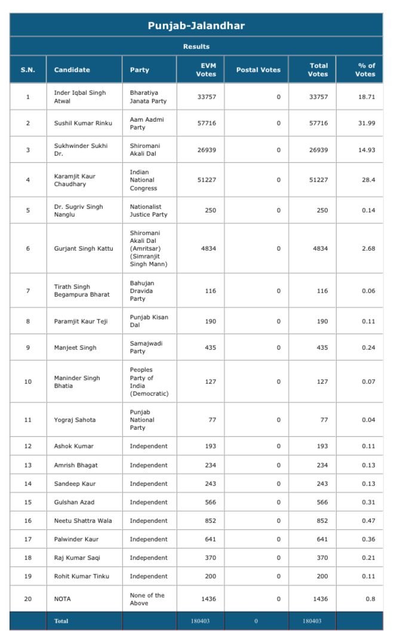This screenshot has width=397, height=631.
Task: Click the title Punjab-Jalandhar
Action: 196,26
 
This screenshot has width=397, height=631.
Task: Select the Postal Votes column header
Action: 258,70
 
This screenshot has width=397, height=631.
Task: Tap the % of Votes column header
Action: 366,70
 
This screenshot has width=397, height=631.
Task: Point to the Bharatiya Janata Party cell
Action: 148,97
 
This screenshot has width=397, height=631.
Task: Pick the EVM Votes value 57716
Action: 207,123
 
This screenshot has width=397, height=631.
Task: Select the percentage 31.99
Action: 367,123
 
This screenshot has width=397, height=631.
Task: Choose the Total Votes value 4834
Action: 318,248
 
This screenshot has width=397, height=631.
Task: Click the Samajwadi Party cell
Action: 146,347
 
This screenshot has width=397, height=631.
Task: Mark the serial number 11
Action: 27,420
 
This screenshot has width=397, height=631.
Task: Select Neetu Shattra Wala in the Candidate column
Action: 83,521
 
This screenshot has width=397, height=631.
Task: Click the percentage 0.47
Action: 368,521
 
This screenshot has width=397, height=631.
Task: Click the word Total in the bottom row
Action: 61,621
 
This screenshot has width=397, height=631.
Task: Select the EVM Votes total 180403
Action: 201,621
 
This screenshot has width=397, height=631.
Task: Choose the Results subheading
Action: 196,47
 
